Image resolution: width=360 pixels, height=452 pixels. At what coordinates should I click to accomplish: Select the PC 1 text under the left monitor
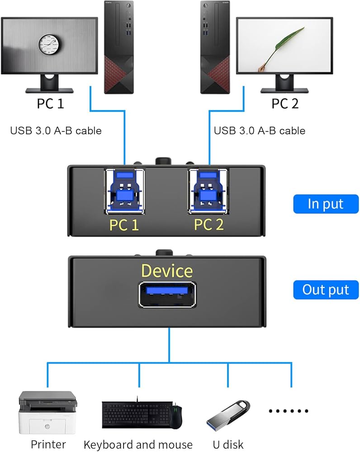50,104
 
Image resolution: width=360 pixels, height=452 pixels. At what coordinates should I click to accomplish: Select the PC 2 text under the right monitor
285,104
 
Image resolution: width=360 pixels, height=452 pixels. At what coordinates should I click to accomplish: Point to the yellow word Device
167,271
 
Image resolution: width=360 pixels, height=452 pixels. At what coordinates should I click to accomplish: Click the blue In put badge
326,204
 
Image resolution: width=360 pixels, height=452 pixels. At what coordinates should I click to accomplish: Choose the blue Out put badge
326,290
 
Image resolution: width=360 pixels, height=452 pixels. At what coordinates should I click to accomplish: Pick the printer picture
47,413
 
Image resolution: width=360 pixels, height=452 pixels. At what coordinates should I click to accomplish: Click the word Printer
48,444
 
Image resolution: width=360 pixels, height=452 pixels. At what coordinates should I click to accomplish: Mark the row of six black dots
288,411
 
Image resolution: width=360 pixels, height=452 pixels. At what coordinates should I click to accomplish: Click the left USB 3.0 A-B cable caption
56,131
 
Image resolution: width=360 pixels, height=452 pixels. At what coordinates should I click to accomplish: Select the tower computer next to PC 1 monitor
119,47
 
